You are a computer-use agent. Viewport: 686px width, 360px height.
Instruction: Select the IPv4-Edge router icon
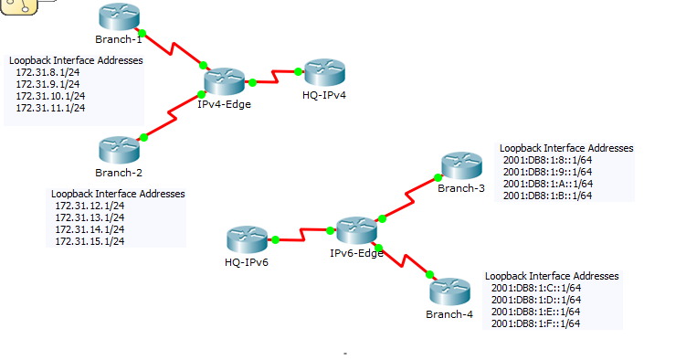pos(224,81)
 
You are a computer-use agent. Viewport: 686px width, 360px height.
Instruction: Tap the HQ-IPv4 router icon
pos(324,71)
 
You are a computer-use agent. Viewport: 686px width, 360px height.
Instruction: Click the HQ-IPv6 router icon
pos(247,240)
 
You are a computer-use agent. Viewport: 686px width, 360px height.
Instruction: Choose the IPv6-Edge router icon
pos(356,230)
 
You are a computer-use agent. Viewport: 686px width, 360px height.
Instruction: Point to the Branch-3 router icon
pos(460,165)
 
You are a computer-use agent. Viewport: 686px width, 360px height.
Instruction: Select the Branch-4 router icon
pos(449,291)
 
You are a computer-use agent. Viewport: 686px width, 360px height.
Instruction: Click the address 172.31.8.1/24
pos(50,72)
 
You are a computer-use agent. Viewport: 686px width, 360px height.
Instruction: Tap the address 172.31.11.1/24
pos(50,108)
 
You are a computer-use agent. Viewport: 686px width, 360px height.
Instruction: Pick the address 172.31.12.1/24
pos(90,206)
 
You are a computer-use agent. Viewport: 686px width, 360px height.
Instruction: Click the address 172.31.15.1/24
pos(90,241)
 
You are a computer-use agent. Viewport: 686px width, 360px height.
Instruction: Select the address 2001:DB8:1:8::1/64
pos(547,159)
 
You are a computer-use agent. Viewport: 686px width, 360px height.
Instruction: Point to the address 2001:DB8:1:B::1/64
pos(547,195)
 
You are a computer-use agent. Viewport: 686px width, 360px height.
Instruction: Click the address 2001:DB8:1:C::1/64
pos(535,287)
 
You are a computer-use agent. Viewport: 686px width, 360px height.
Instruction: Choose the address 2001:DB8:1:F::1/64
pos(535,323)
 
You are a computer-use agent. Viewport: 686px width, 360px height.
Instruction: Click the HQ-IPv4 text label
pos(324,94)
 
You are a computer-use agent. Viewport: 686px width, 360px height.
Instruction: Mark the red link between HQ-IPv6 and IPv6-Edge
pos(302,236)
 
